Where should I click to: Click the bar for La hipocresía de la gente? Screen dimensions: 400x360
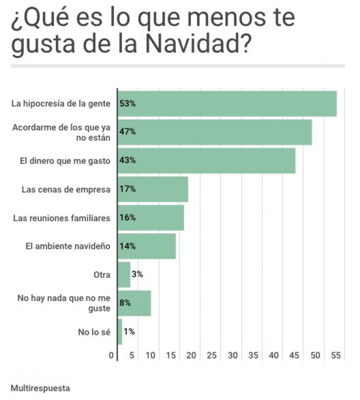pyautogui.click(x=227, y=104)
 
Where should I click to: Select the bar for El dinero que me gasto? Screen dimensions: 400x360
pyautogui.click(x=206, y=161)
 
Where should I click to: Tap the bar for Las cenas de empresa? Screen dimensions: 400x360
pyautogui.click(x=153, y=189)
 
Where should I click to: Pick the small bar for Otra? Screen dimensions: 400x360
pyautogui.click(x=123, y=274)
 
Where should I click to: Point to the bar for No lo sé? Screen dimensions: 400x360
pyautogui.click(x=119, y=331)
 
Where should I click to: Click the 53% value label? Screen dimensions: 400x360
pyautogui.click(x=127, y=104)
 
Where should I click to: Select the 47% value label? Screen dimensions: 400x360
pyautogui.click(x=127, y=132)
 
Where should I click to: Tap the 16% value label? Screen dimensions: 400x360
pyautogui.click(x=127, y=218)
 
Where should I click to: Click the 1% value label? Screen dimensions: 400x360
pyautogui.click(x=129, y=331)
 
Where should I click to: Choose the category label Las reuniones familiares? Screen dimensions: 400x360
pyautogui.click(x=61, y=218)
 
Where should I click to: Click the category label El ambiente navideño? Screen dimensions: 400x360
pyautogui.click(x=67, y=246)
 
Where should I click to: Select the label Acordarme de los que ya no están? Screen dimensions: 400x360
pyautogui.click(x=61, y=132)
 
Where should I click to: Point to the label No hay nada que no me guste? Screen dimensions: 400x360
pyautogui.click(x=64, y=303)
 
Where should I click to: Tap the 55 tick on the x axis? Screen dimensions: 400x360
pyautogui.click(x=335, y=355)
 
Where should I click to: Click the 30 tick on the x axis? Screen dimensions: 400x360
pyautogui.click(x=233, y=355)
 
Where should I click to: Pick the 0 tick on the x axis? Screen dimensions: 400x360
pyautogui.click(x=111, y=355)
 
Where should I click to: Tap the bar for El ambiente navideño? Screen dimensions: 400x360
pyautogui.click(x=146, y=246)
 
